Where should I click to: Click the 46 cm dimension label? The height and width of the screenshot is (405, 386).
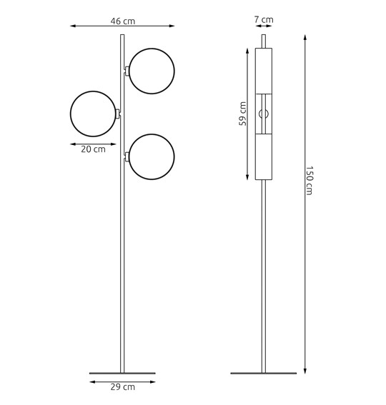122,21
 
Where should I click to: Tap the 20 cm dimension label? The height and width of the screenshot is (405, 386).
93,150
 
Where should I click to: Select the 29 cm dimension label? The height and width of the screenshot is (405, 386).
122,387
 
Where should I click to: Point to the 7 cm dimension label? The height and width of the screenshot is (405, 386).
263,19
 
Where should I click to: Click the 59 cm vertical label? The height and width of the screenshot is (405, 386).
243,114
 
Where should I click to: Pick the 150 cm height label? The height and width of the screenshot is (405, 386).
310,180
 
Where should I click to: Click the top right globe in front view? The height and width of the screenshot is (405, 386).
152,71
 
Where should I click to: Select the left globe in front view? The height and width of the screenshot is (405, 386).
93,114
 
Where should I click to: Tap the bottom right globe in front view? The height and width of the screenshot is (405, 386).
152,156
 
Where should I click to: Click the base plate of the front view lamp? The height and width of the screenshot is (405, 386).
122,373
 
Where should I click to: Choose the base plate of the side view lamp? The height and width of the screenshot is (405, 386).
263,373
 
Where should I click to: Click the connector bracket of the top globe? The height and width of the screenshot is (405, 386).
127,71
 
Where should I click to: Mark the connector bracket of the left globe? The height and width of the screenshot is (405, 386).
118,114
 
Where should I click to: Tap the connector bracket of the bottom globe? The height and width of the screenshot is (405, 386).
127,156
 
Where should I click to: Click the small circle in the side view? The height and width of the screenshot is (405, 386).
263,114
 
